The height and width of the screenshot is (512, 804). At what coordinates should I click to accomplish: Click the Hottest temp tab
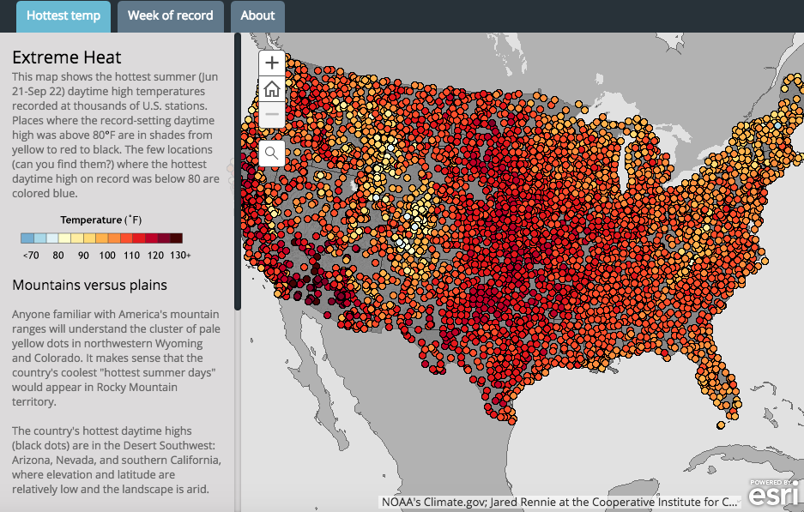[63, 15]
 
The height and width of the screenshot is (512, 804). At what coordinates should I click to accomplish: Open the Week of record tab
[170, 15]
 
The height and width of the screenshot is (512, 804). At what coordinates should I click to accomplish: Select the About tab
[257, 15]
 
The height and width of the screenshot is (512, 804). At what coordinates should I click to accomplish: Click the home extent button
[271, 88]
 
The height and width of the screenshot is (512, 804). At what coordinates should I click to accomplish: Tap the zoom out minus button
[271, 114]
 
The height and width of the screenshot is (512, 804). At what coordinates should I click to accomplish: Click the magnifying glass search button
[271, 154]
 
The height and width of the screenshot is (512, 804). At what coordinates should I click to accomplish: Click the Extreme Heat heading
[66, 57]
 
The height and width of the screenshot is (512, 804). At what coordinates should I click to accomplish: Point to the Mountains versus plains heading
[89, 285]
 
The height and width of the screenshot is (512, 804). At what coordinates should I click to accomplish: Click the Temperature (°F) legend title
[101, 220]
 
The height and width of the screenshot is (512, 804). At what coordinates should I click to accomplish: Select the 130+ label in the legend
[178, 256]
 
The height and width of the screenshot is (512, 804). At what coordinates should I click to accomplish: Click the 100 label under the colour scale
[107, 256]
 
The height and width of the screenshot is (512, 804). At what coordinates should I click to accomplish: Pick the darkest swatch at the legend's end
[176, 238]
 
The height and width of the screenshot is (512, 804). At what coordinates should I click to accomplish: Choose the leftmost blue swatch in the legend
[27, 238]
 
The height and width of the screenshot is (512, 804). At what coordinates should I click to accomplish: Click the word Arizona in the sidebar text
[35, 460]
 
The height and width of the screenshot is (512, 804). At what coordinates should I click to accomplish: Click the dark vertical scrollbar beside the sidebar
[238, 172]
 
